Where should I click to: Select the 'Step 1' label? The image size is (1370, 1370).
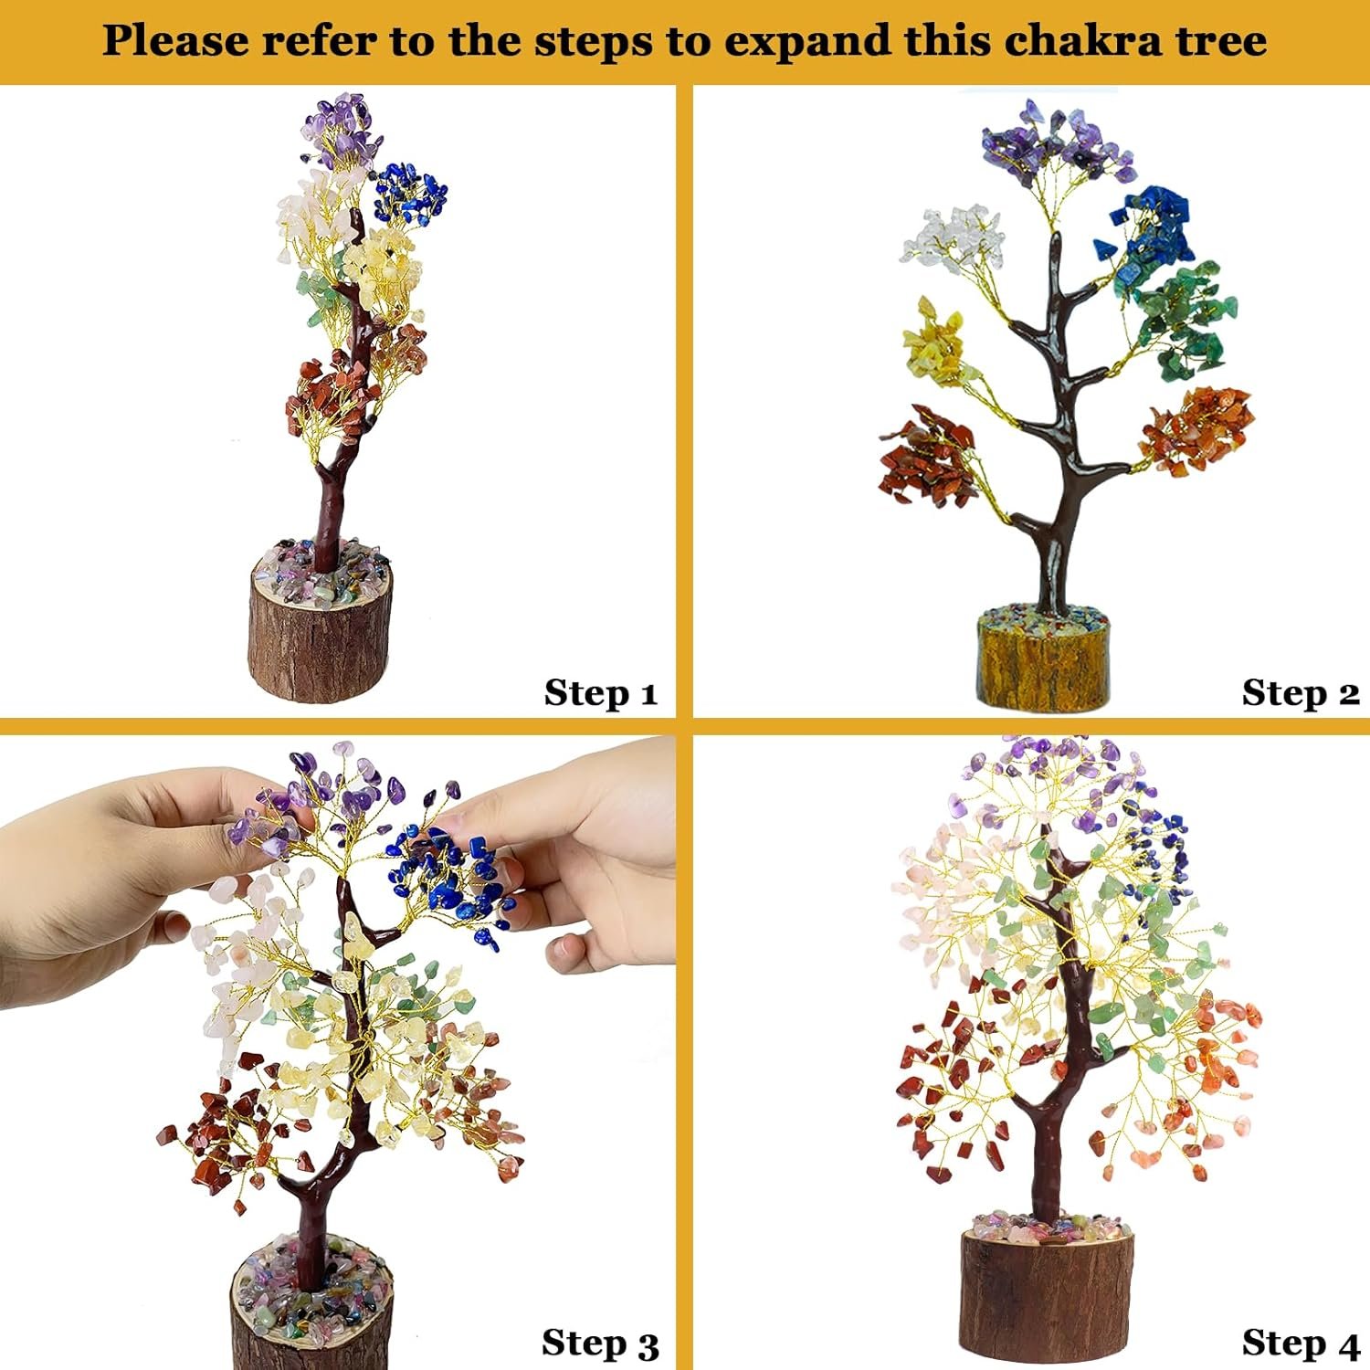point(601,693)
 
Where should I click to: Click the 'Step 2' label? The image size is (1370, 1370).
point(1301,693)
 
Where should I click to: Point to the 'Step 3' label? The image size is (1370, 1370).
point(600,1344)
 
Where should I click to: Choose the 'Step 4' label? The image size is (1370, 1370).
point(1301,1344)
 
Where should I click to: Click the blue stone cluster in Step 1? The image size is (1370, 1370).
point(410,194)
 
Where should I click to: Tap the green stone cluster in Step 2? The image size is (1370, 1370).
point(1185,321)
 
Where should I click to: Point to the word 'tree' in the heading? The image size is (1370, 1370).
point(1222,41)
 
